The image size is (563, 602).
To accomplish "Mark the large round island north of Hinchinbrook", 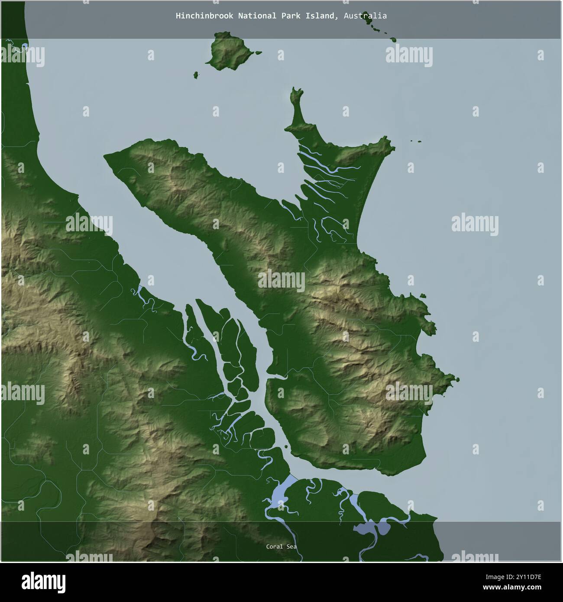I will point(227,51).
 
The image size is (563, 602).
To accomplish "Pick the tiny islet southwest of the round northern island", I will point(196,75).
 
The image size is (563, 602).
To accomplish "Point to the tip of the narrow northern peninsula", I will point(297,91).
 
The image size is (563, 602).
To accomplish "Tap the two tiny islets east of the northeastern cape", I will point(415,141).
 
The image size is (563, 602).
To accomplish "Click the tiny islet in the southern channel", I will point(287,446).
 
